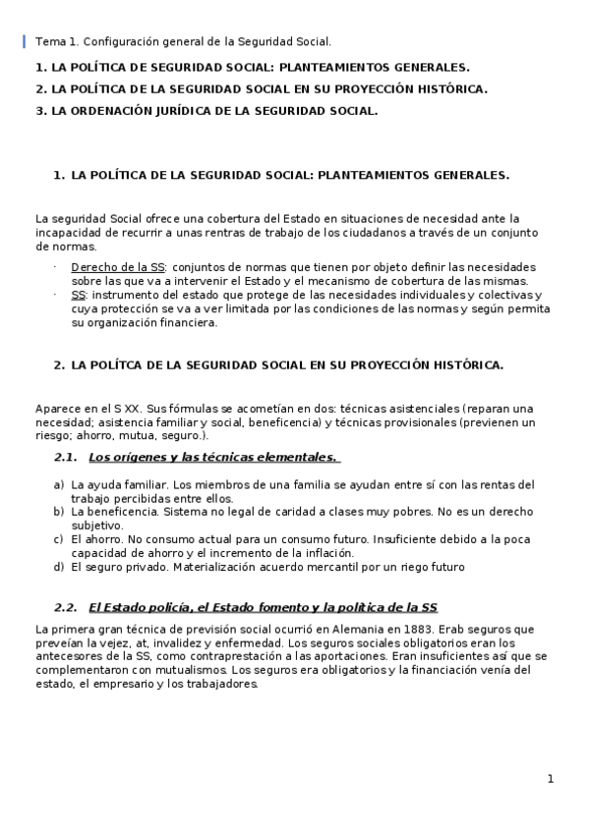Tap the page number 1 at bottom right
point(551,779)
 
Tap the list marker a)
point(60,484)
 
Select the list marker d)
point(60,567)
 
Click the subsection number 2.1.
point(65,457)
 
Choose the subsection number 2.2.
point(65,607)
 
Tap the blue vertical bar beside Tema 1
point(25,41)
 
